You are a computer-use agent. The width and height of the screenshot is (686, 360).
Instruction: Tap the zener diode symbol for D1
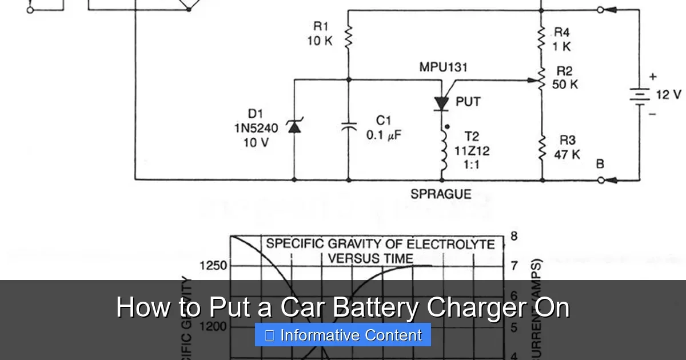tap(294, 126)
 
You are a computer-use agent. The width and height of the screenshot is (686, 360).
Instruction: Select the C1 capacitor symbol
tap(348, 126)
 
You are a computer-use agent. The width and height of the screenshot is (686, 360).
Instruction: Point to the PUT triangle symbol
tap(441, 103)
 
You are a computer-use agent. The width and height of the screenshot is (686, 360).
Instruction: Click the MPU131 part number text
tap(443, 67)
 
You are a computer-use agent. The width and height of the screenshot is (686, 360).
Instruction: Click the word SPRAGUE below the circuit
tap(441, 194)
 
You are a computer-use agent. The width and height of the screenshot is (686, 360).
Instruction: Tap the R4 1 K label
tap(561, 39)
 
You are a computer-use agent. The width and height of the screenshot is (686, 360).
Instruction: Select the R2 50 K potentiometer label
tap(565, 78)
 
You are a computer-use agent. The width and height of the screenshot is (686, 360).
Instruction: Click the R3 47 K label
tap(567, 147)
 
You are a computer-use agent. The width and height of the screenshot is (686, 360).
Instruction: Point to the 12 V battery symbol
tap(640, 96)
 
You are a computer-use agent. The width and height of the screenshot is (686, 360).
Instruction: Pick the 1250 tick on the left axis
tap(213, 266)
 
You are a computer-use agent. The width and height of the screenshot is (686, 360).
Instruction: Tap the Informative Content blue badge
tap(343, 335)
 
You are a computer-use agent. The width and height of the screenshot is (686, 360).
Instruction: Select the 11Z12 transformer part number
tap(472, 151)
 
